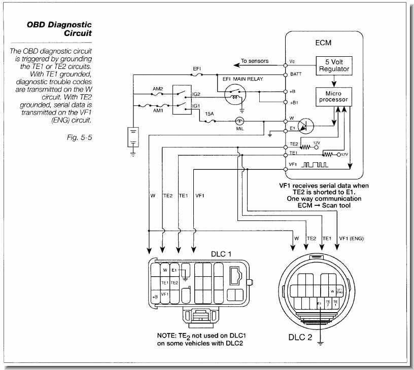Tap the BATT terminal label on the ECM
[296, 75]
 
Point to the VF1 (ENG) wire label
[351, 238]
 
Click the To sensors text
[254, 61]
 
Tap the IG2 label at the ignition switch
[196, 94]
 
